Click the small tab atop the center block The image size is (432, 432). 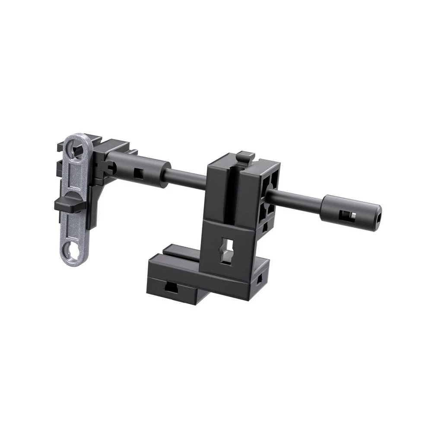tap(246, 156)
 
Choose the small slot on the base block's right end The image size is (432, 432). tap(259, 280)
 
